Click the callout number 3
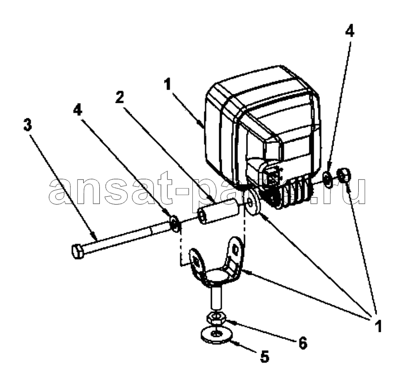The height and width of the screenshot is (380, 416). tap(28, 125)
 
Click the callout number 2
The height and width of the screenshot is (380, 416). tap(120, 98)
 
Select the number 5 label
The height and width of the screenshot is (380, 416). tap(264, 356)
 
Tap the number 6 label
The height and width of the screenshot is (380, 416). tap(302, 343)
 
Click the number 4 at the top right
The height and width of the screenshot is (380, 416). tap(350, 31)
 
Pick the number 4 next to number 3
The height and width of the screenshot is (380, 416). tap(78, 109)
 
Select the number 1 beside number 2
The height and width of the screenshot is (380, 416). tap(167, 85)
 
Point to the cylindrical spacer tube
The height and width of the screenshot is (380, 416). tap(218, 211)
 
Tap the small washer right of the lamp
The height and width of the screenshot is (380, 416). tap(327, 179)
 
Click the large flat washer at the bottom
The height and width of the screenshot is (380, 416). tap(216, 336)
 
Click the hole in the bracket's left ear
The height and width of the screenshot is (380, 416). tap(196, 262)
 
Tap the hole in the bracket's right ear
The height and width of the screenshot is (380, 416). tap(235, 249)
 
